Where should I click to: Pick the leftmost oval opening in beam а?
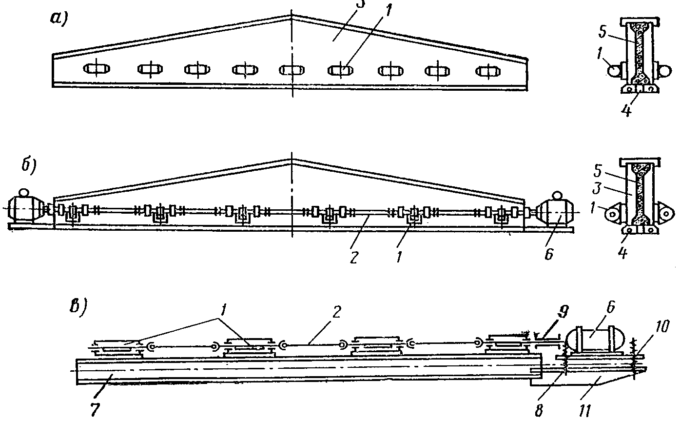pos(97,69)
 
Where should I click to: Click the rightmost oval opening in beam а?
pos(487,71)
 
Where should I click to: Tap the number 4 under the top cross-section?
pos(626,111)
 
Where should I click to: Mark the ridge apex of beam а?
pos(291,15)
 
